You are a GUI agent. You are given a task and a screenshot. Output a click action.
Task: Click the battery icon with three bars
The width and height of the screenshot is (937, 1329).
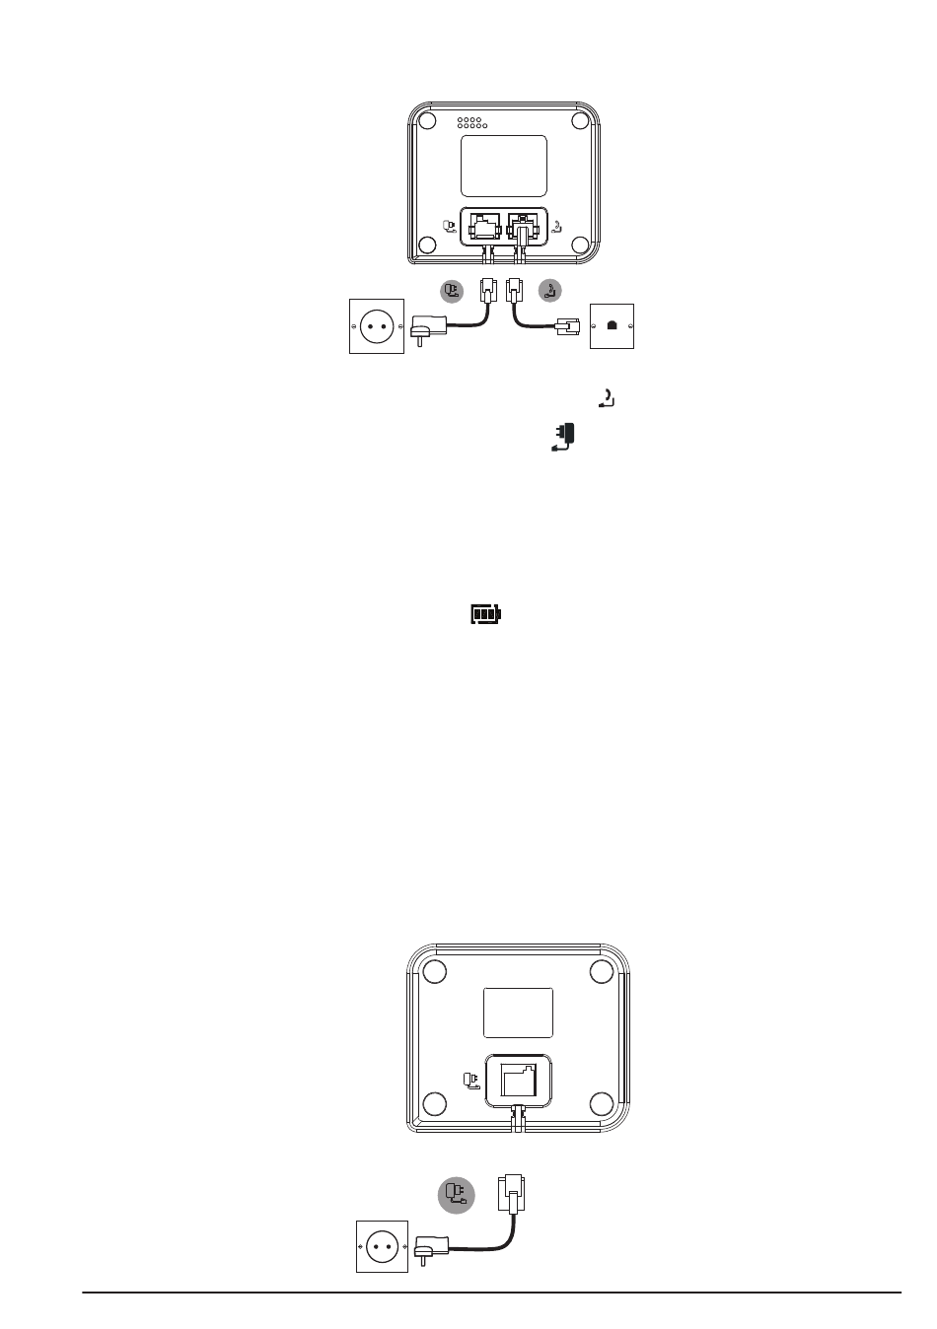(484, 615)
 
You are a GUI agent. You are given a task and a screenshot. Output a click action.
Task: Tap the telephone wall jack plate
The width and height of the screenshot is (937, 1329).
(612, 325)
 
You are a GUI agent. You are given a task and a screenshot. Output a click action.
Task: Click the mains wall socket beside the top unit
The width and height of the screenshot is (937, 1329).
(377, 325)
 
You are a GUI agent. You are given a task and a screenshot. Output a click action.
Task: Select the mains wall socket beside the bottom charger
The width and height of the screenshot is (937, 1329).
(382, 1245)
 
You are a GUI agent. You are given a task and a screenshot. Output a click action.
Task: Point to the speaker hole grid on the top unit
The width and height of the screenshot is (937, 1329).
(471, 124)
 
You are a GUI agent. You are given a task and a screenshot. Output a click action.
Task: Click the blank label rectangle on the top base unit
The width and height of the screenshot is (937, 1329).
(504, 166)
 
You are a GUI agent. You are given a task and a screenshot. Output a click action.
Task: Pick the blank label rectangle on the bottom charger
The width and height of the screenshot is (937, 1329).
(518, 1013)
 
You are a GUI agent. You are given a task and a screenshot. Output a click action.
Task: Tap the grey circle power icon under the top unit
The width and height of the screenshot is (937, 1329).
(452, 291)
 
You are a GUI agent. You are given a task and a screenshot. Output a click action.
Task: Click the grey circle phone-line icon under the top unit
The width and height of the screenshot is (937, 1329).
(551, 291)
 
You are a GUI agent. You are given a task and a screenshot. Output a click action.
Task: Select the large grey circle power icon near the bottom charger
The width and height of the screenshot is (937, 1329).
(456, 1195)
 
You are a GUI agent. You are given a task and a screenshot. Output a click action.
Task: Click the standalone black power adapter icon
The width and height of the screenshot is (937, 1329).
(563, 437)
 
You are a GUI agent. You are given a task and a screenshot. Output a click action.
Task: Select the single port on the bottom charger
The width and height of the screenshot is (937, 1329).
(518, 1080)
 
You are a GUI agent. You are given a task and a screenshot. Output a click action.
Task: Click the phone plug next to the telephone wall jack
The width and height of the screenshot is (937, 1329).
(569, 327)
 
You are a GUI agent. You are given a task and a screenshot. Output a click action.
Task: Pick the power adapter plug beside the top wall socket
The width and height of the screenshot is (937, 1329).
(426, 327)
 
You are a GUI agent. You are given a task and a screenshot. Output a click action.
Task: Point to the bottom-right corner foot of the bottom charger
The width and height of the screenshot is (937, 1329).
(602, 1103)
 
